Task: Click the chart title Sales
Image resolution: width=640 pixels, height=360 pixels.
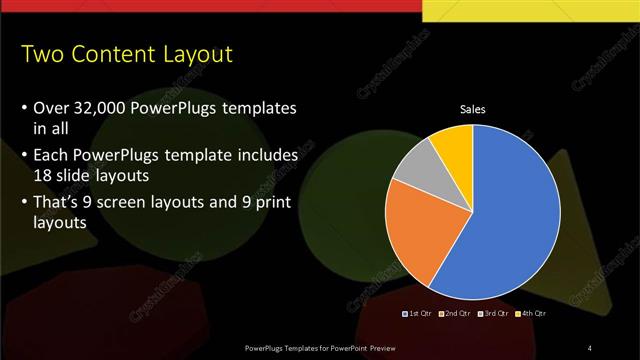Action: coord(472,110)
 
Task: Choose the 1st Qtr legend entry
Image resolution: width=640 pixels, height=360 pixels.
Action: coord(418,313)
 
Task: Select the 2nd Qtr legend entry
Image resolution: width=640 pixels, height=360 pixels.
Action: coord(455,313)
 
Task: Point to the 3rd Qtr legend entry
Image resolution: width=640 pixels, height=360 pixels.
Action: coord(493,313)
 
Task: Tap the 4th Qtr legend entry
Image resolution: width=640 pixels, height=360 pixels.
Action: coord(530,313)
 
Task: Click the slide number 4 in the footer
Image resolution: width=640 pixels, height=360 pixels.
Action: coord(590,347)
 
